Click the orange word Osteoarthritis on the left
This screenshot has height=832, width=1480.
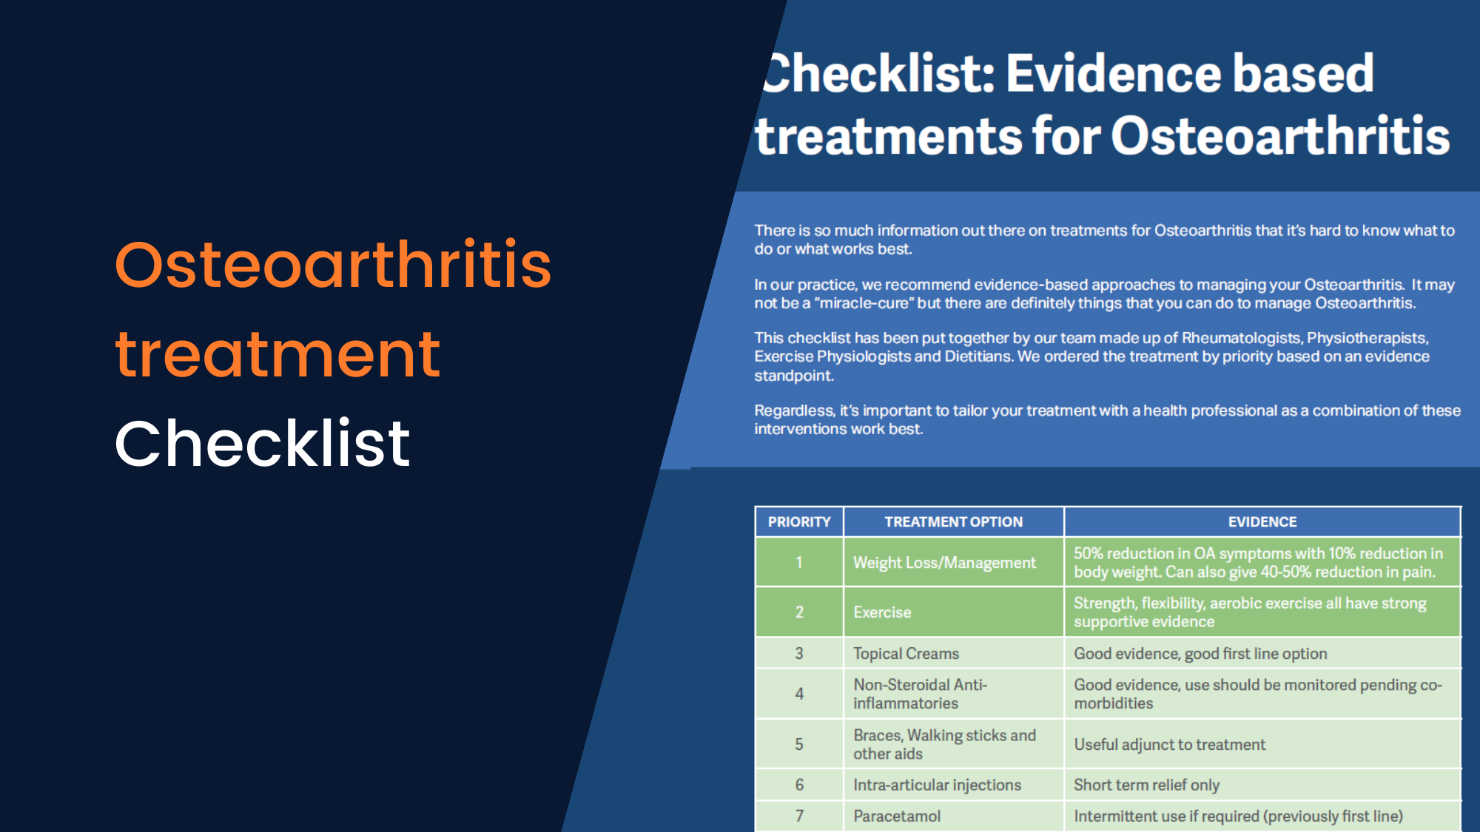(333, 265)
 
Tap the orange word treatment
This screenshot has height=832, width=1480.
(277, 355)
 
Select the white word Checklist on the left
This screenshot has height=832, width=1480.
(262, 444)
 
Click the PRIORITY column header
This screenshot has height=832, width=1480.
(799, 522)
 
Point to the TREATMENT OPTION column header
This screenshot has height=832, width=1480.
(953, 522)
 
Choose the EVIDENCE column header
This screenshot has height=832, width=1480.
(1262, 522)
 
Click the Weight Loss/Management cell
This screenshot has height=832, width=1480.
(944, 563)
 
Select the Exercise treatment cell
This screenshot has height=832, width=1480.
(882, 612)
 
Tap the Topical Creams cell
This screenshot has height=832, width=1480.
(906, 654)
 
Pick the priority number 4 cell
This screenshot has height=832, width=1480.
(799, 694)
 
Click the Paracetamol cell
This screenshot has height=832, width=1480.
(897, 816)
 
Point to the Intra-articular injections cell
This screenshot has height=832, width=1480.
(937, 785)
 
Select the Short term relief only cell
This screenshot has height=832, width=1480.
(1146, 785)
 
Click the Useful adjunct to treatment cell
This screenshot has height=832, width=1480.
(1169, 745)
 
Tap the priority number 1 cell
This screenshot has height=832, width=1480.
(799, 563)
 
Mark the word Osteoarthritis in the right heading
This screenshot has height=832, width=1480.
(1280, 137)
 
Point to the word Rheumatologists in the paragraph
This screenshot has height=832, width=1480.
(1241, 338)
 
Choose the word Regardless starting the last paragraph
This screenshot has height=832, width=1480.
(794, 410)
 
